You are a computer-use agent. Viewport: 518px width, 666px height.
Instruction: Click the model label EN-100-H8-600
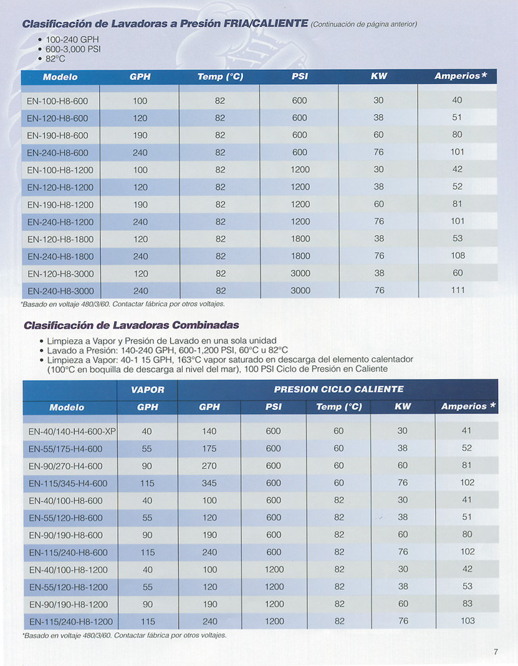(57, 101)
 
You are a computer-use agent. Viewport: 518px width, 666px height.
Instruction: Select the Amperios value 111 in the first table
(458, 290)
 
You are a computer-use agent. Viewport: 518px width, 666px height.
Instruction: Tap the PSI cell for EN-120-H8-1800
(300, 239)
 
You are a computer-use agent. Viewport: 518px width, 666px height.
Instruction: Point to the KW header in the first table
(378, 77)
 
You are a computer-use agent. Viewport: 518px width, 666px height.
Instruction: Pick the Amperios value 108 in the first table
(458, 256)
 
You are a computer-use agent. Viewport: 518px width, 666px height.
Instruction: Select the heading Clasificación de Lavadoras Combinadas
(131, 325)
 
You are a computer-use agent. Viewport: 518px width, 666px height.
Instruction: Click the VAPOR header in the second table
(147, 390)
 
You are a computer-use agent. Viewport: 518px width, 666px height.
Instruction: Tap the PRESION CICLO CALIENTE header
(339, 390)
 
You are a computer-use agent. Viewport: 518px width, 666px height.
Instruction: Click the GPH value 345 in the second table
(209, 483)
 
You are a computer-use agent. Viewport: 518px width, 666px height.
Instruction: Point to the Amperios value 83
(468, 604)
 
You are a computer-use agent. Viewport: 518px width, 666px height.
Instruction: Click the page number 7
(496, 652)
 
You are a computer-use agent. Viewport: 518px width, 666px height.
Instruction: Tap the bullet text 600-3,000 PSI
(73, 49)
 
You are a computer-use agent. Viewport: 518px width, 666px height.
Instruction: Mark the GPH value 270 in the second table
(209, 466)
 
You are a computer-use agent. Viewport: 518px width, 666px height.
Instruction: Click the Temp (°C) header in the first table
(220, 77)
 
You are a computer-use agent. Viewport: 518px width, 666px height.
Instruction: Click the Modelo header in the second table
(67, 407)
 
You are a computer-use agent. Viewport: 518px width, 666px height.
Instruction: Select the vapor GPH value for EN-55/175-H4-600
(147, 448)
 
